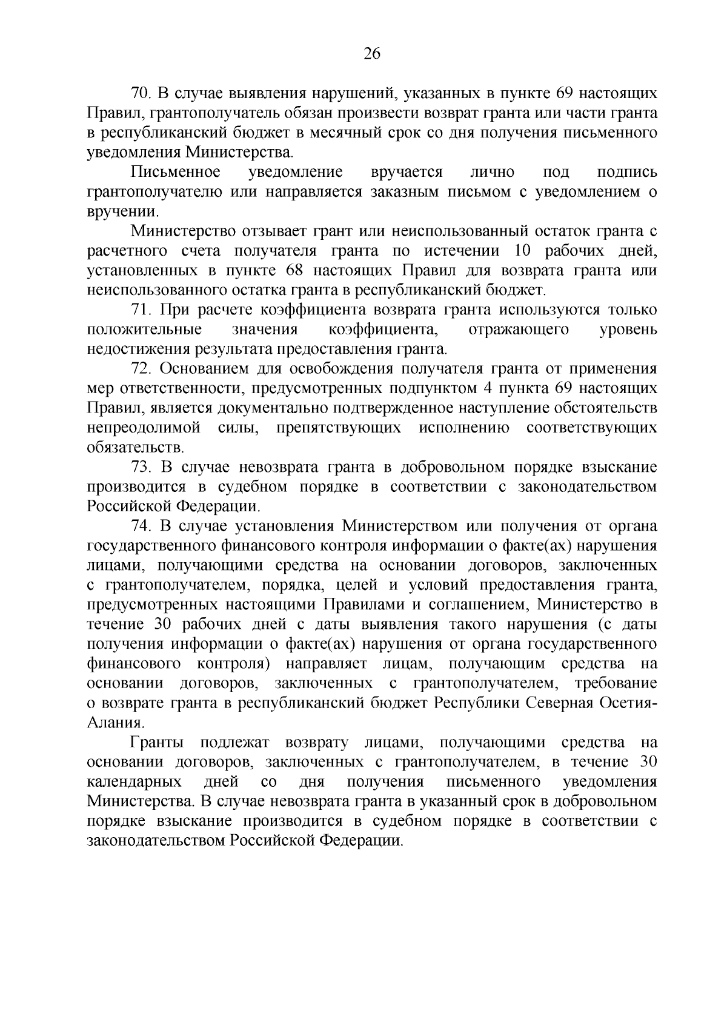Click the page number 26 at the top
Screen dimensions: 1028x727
click(371, 55)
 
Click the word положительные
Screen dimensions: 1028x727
click(145, 330)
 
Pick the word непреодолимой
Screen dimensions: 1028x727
click(144, 428)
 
